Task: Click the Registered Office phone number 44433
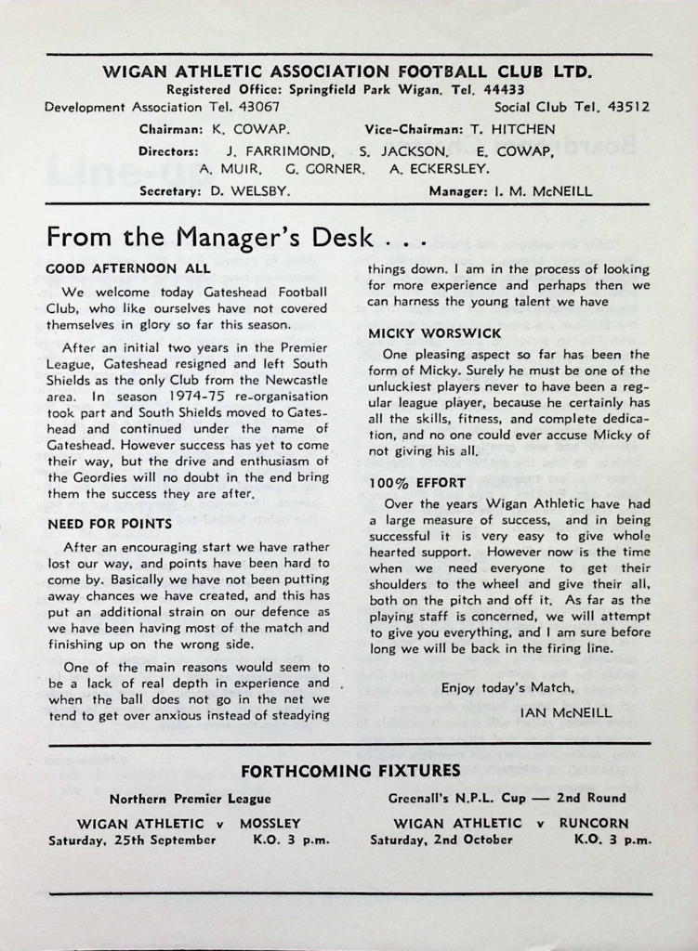(x=504, y=90)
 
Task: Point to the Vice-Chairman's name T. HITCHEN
(x=510, y=129)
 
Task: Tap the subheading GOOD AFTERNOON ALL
(x=128, y=268)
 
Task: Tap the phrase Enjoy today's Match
(x=507, y=688)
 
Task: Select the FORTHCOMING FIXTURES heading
(x=350, y=770)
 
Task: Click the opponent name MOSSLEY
(x=270, y=823)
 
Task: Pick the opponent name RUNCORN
(x=594, y=823)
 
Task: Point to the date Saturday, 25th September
(x=132, y=840)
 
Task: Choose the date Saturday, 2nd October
(x=441, y=840)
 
